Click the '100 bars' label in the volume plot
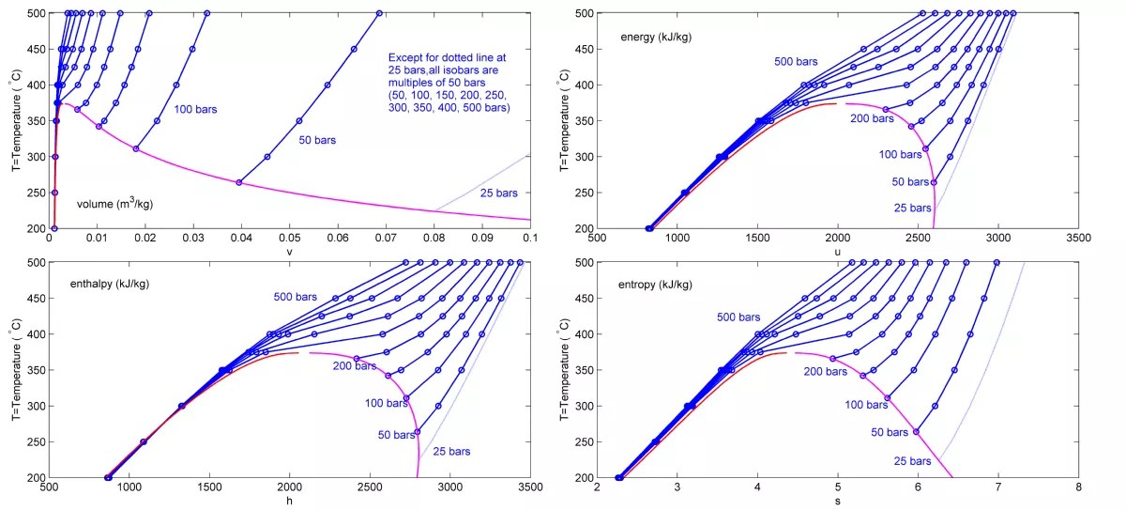pos(195,110)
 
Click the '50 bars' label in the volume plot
pos(317,140)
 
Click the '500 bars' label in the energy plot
pos(798,62)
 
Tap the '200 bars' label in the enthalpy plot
pos(356,366)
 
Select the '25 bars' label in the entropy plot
pos(911,461)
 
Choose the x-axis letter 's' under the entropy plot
pos(838,501)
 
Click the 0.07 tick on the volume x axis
pos(386,239)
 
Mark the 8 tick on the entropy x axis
pos(1078,487)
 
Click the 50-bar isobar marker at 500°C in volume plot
pos(379,13)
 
